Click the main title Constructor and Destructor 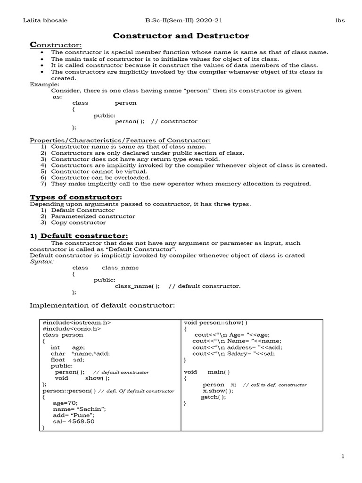[x=181, y=36]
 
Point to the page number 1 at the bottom [x=343, y=456]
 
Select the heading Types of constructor [x=76, y=197]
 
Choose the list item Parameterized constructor [x=93, y=216]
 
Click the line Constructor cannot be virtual [x=99, y=172]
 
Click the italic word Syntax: [x=41, y=261]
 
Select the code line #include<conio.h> [x=71, y=329]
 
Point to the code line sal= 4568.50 [x=74, y=421]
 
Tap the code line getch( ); [x=213, y=397]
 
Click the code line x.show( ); [x=218, y=391]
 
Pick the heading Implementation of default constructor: [x=102, y=305]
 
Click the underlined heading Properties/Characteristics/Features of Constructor [x=120, y=141]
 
